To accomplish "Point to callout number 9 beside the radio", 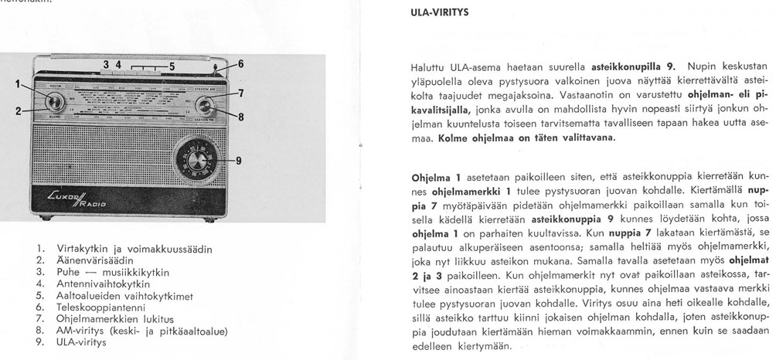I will (239, 161).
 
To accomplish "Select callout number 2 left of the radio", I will (18, 111).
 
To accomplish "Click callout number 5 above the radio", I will (173, 66).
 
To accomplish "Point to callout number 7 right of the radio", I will (241, 93).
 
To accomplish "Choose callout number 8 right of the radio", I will (241, 118).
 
